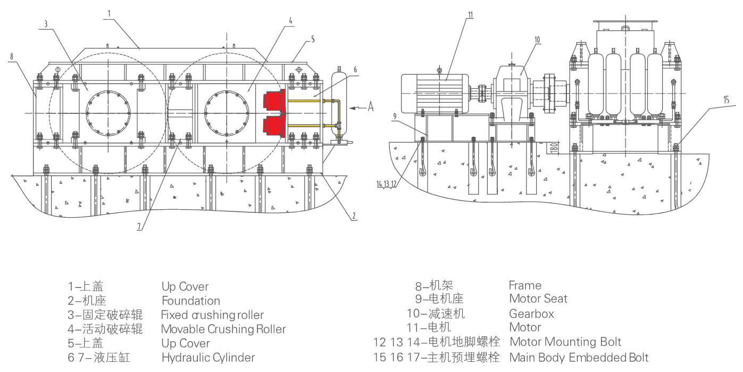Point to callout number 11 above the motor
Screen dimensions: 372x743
[470, 15]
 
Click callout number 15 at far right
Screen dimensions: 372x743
[726, 99]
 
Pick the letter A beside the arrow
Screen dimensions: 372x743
[371, 108]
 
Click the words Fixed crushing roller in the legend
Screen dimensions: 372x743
[212, 315]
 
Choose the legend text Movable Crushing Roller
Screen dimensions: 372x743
[223, 329]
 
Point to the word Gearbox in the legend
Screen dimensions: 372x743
[531, 313]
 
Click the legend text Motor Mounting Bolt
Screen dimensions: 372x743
[565, 342]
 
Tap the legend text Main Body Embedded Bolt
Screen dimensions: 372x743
[579, 357]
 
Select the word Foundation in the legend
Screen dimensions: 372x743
[190, 301]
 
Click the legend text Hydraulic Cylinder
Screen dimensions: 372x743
[208, 358]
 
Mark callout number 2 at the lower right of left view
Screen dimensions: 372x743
[353, 216]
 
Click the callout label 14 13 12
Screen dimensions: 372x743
[387, 184]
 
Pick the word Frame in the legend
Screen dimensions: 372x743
[524, 285]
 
